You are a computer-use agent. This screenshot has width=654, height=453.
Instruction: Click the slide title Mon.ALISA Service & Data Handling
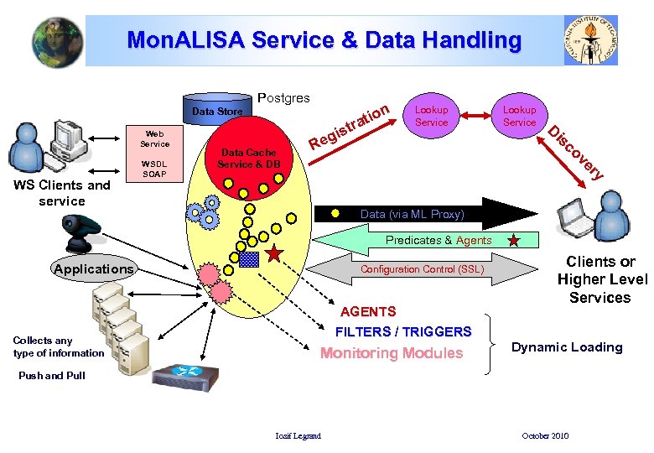[x=324, y=39]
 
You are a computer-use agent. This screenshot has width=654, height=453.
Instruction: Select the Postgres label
[x=283, y=98]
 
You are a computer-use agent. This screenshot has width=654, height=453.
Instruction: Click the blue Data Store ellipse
[x=216, y=111]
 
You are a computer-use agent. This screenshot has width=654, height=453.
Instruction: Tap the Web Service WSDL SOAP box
[x=154, y=154]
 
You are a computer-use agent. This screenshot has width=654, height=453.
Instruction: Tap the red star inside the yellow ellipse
[x=274, y=253]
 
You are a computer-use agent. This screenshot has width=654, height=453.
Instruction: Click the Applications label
[x=93, y=269]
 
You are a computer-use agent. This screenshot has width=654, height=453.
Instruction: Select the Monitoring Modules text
[x=392, y=353]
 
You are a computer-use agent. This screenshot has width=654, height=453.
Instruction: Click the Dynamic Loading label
[x=567, y=347]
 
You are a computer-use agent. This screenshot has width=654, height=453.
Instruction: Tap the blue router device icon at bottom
[x=188, y=383]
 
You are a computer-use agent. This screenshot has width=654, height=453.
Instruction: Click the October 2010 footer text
[x=544, y=436]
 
